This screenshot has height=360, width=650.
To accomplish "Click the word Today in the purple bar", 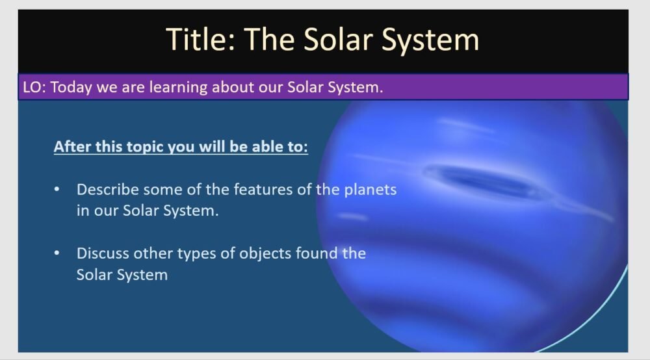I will (x=71, y=87).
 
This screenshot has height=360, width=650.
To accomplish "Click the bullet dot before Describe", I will (x=57, y=190).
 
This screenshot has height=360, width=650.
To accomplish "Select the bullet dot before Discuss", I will (x=57, y=253).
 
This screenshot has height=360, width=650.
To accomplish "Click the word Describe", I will (x=107, y=190).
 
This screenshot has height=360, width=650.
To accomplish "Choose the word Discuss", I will (x=101, y=253).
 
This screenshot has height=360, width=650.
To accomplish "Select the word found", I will (x=317, y=253).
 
